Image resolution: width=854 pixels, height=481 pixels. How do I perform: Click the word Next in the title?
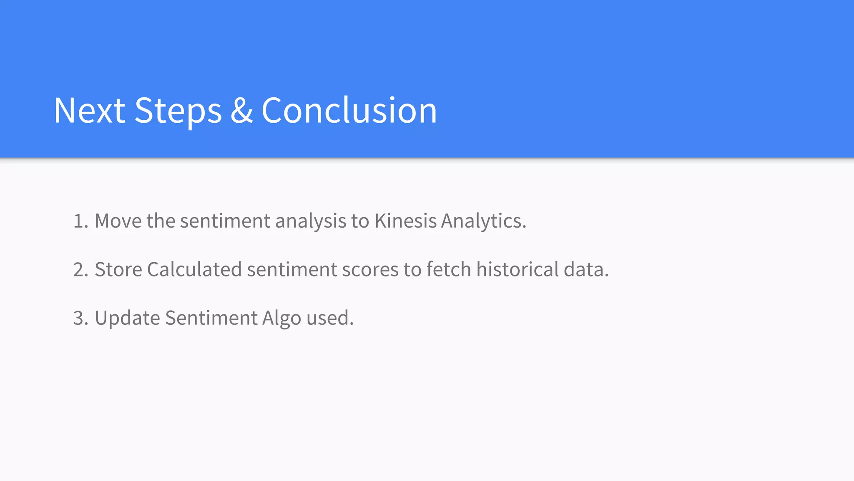(x=89, y=110)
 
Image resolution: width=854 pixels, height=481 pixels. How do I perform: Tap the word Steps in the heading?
(x=178, y=110)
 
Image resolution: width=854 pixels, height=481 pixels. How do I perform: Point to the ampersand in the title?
(x=241, y=110)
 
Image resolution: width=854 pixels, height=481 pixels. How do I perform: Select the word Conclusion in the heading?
(x=349, y=110)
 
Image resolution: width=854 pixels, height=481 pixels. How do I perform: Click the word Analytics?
(x=483, y=221)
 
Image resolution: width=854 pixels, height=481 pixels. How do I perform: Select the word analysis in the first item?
(x=311, y=221)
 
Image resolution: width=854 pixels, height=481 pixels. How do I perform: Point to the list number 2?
(x=80, y=269)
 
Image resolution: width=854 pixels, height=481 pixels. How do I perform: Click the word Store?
(x=118, y=269)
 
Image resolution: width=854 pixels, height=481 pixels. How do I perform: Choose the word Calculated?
(x=194, y=269)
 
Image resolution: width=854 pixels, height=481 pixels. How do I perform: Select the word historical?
(x=517, y=269)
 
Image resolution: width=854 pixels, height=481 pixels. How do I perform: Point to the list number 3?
(x=80, y=318)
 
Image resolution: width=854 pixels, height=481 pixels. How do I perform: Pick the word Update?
(x=127, y=318)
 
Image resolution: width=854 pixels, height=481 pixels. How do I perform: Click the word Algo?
(x=281, y=318)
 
